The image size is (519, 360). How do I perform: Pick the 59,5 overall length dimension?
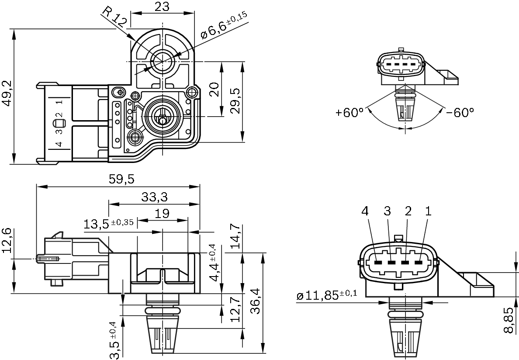pos(119,179)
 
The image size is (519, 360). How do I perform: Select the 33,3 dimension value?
pos(154,197)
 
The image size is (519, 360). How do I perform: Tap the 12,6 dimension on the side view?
pos(7,240)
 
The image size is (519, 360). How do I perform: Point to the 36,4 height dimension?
pos(256,301)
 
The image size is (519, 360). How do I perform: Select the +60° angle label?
pos(349,112)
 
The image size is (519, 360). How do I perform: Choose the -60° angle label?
pos(460,112)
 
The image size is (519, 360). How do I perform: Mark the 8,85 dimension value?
pos(509,320)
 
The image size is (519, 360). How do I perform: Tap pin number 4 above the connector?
pos(365,211)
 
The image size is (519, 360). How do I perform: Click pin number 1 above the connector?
pos(428,211)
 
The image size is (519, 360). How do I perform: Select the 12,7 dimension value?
pos(235,310)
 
